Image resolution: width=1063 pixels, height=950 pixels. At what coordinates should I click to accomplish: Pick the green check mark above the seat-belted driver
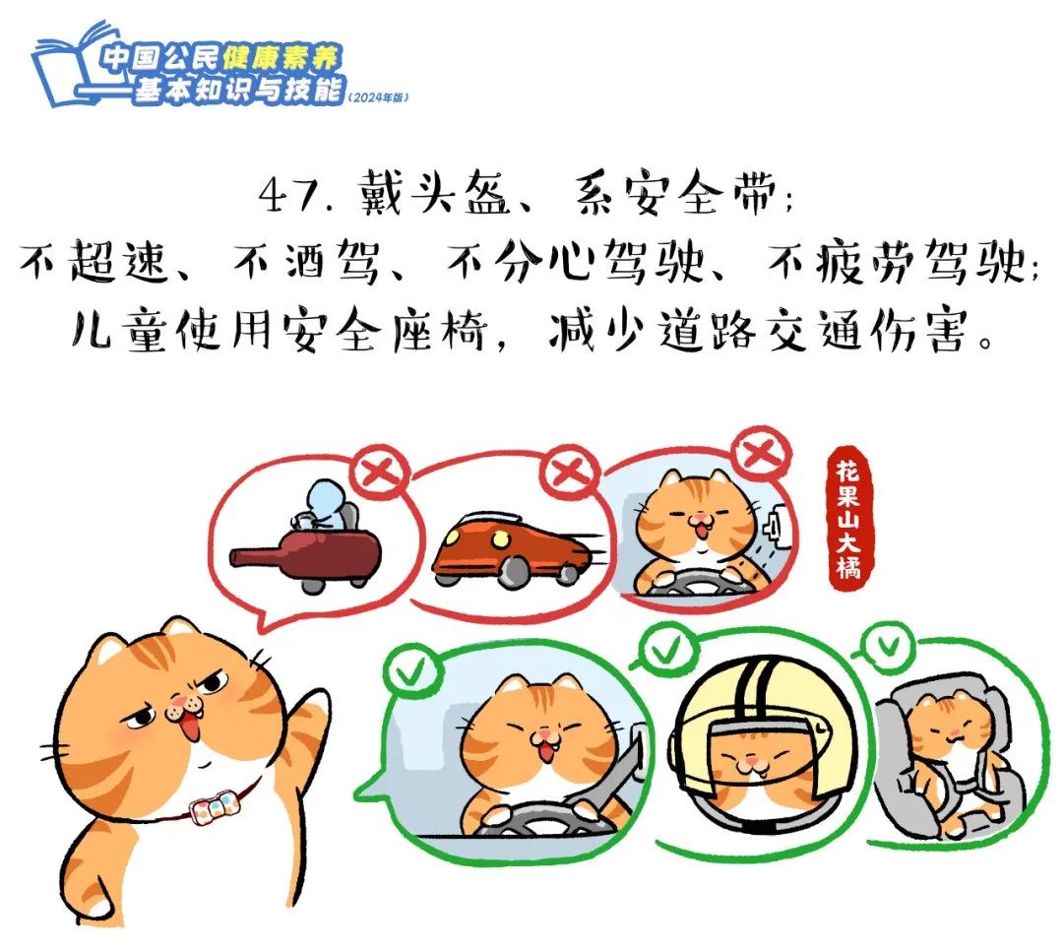coord(405,674)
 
